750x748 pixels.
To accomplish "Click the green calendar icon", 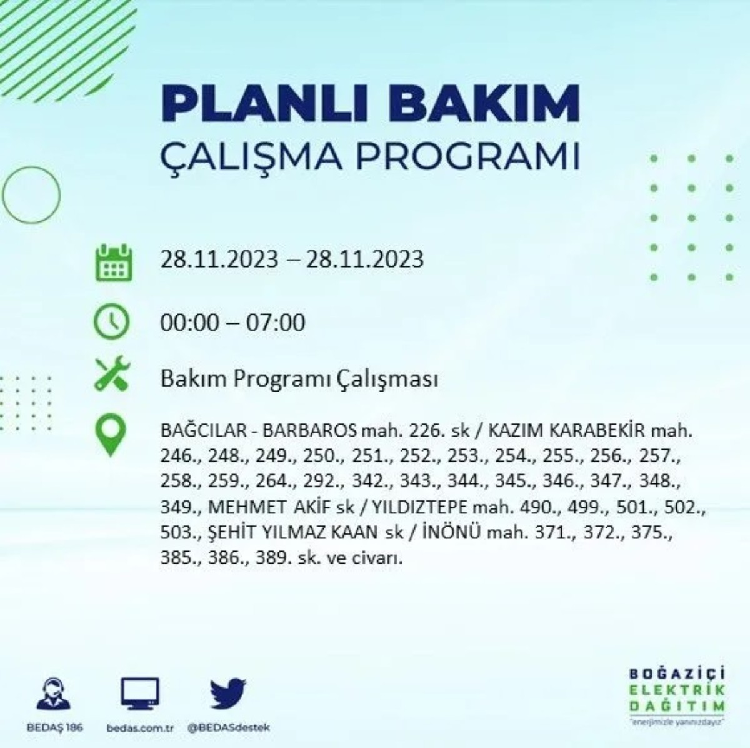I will [113, 262].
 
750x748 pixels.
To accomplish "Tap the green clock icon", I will [111, 321].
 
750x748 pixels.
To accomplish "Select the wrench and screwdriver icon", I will [112, 373].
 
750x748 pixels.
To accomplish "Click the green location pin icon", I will [111, 435].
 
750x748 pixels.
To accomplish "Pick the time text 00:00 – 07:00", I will [232, 323].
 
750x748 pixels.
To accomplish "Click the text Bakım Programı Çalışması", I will [299, 379].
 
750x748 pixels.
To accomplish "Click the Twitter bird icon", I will [228, 695].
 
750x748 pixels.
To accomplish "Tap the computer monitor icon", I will [139, 695].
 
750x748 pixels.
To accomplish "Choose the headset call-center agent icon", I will [53, 695].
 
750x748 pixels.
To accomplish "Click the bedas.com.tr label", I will [139, 728].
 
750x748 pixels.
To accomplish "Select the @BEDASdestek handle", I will [229, 728].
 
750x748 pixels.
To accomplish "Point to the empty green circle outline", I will [31, 195].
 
